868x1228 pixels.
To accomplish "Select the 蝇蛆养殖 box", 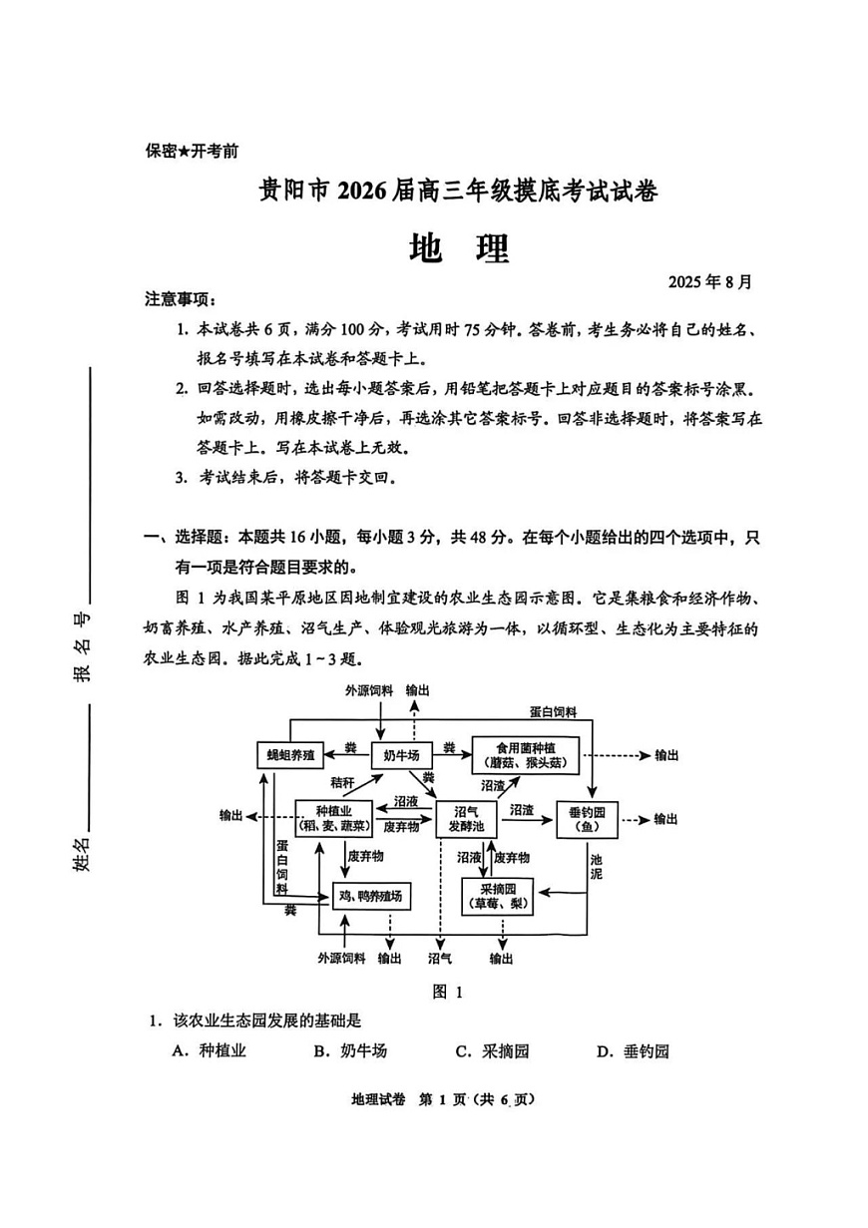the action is [290, 755].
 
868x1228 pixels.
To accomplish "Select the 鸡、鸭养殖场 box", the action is [371, 896].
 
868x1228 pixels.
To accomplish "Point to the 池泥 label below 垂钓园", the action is [596, 865].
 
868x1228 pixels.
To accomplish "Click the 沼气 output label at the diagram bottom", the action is [440, 959].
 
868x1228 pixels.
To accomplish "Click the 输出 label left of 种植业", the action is [231, 816].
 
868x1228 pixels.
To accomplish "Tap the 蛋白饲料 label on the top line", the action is [553, 711].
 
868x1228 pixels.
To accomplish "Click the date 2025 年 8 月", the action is [710, 282].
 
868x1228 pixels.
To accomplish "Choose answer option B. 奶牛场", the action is [350, 1050].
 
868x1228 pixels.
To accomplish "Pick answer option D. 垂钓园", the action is [633, 1050].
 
